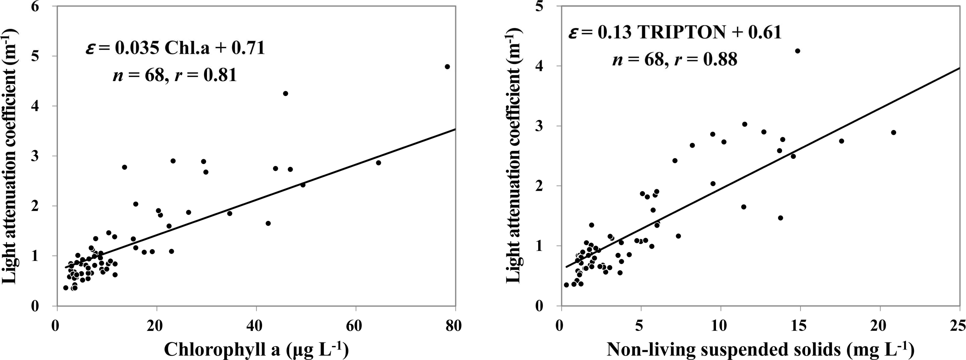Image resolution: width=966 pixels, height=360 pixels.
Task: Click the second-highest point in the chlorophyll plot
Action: (x=285, y=93)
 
